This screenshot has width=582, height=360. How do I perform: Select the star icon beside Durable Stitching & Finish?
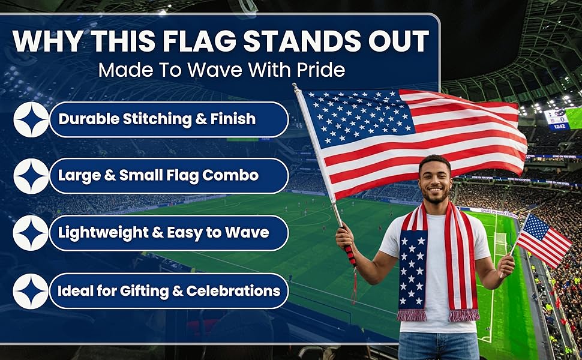click(31, 119)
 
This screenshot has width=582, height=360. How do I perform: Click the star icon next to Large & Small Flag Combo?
click(31, 176)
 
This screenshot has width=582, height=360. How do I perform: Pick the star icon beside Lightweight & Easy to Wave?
click(31, 233)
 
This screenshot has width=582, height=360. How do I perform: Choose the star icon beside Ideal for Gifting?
click(31, 292)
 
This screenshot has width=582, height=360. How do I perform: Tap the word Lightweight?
click(103, 233)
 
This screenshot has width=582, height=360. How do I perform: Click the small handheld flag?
click(542, 240)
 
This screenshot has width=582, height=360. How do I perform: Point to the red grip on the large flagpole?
click(350, 256)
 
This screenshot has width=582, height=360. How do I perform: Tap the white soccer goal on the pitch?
click(500, 244)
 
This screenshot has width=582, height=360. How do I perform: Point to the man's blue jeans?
click(439, 346)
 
